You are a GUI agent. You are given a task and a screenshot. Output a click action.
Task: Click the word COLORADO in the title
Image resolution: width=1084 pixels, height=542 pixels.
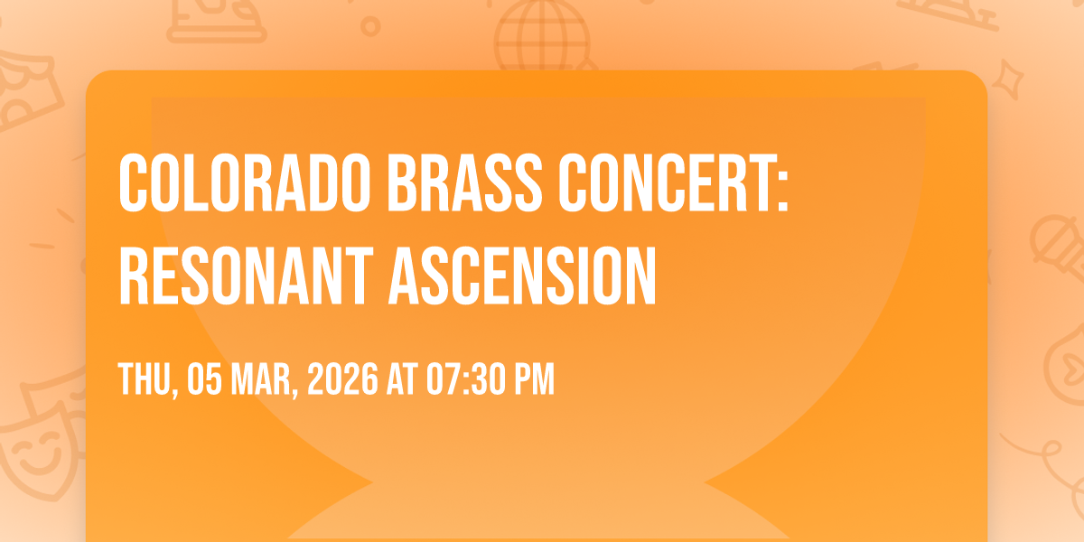tap(245, 182)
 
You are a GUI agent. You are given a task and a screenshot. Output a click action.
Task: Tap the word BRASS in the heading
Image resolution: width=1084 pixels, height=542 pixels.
tap(464, 182)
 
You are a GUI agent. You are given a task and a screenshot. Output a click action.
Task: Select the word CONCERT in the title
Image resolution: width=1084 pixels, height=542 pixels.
tap(668, 182)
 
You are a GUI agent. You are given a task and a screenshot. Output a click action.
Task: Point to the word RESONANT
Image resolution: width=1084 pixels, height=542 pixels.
tap(247, 276)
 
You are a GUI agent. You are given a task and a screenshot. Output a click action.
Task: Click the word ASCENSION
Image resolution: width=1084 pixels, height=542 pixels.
tap(523, 276)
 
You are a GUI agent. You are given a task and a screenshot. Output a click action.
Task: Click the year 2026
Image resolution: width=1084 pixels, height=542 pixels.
tap(342, 378)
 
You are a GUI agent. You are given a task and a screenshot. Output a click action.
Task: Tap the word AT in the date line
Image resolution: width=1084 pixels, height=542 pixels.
tap(402, 378)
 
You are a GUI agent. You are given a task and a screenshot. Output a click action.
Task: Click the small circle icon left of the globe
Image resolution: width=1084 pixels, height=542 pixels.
tap(370, 26)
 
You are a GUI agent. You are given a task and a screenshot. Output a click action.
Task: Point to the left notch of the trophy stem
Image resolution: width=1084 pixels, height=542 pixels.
tap(371, 482)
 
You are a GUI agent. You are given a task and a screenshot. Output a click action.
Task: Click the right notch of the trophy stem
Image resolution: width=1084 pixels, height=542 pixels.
tap(706, 482)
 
